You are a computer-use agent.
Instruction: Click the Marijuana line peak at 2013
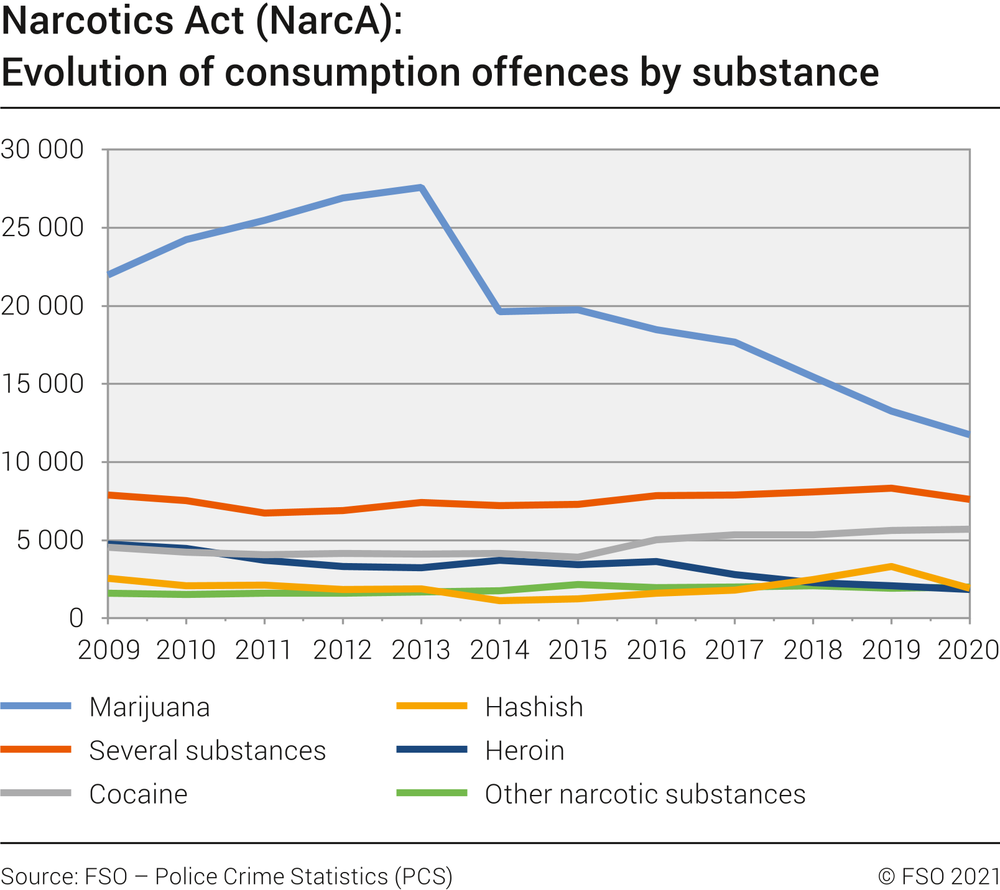421,188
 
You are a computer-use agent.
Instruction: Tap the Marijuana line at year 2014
500,311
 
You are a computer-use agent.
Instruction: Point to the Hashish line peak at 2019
891,567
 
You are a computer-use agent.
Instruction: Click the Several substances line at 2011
265,513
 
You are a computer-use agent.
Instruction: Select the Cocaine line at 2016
656,539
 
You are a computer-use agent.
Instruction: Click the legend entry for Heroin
524,751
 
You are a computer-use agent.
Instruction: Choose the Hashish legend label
534,707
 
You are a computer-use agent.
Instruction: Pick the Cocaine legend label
138,794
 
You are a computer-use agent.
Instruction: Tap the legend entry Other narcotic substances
645,794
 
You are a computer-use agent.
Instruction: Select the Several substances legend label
207,751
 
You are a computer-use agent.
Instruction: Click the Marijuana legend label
149,707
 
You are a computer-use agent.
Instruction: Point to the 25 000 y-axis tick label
42,228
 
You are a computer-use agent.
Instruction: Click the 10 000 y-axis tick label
42,462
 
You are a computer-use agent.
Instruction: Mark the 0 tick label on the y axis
76,618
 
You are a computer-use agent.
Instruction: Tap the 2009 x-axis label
109,650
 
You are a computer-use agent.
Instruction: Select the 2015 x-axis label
578,650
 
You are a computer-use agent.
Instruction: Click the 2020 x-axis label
968,650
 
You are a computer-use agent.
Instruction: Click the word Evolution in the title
85,72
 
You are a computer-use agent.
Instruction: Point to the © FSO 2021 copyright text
938,876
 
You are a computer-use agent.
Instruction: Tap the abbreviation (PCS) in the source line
423,876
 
